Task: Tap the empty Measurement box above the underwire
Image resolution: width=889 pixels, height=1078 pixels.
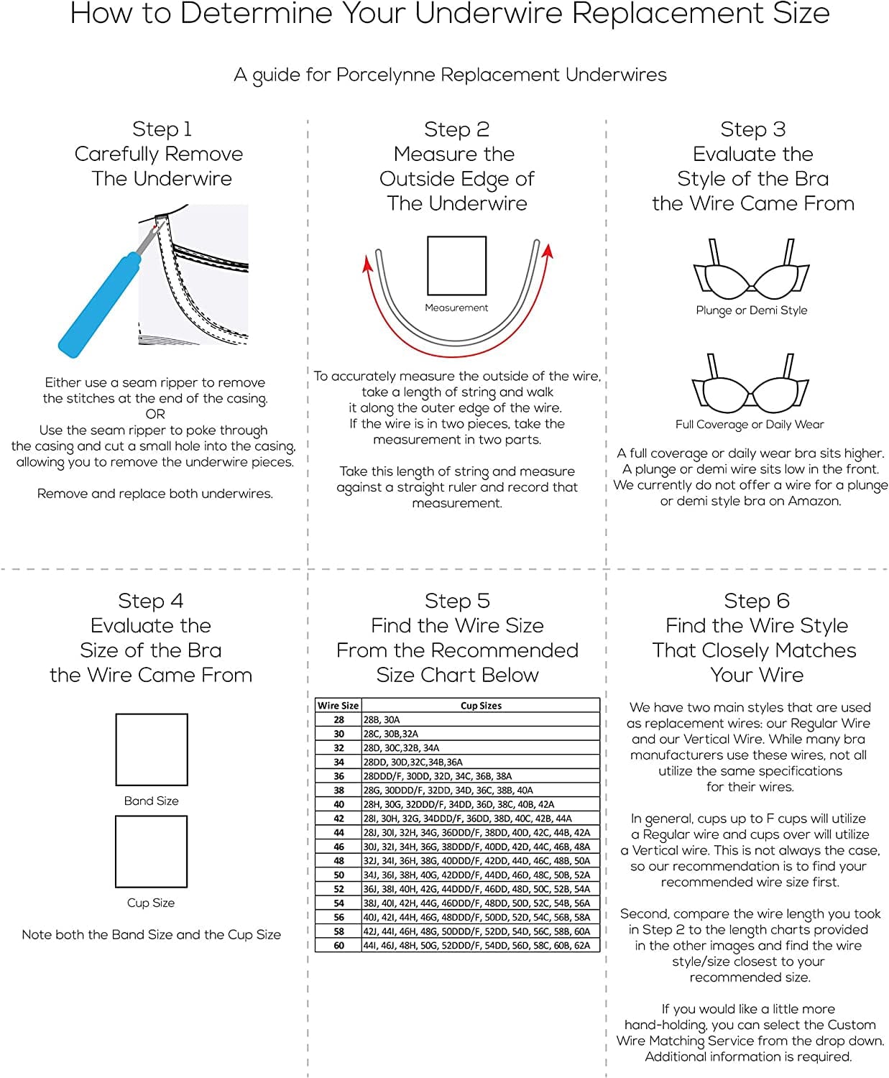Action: (x=456, y=265)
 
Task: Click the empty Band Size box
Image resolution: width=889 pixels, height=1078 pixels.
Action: (x=152, y=750)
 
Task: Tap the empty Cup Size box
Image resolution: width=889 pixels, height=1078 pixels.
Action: (x=152, y=852)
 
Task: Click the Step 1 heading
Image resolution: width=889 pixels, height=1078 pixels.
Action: (x=162, y=129)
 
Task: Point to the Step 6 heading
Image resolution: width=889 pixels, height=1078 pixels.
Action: (x=756, y=601)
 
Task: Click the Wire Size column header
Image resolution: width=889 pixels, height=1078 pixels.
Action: (x=338, y=706)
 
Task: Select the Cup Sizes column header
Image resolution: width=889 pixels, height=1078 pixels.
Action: (x=481, y=706)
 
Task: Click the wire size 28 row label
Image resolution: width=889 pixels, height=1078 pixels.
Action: (x=338, y=719)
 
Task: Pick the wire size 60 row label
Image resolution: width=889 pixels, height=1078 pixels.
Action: (x=338, y=945)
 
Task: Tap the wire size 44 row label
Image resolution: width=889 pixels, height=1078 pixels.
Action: (x=338, y=832)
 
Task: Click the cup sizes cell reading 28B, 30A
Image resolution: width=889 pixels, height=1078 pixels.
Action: (x=382, y=719)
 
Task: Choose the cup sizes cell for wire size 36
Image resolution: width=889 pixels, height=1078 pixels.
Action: (x=438, y=776)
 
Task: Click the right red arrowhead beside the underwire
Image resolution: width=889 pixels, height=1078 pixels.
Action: (x=548, y=252)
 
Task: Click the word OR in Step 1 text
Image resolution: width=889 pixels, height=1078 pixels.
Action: (x=155, y=414)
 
